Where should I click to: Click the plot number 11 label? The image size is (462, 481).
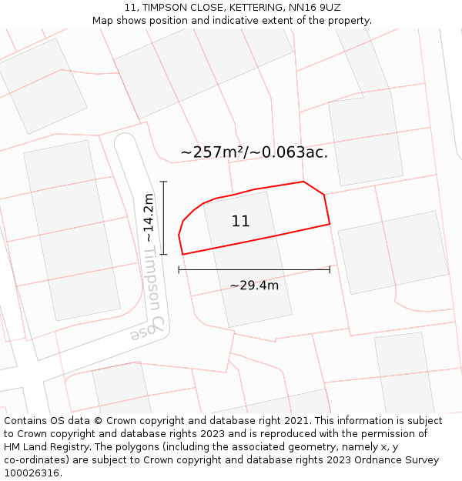[x=240, y=222]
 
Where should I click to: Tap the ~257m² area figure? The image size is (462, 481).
[x=217, y=152]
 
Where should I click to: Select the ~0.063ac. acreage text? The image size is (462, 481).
[x=295, y=152]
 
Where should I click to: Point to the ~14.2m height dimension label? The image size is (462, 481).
[x=149, y=218]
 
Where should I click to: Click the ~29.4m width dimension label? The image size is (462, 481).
[x=254, y=286]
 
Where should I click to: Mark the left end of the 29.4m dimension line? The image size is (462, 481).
[x=179, y=270]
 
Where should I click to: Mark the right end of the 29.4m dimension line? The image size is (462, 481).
[x=330, y=270]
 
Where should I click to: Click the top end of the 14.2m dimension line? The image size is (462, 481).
[x=163, y=182]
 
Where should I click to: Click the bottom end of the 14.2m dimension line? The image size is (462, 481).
[x=163, y=254]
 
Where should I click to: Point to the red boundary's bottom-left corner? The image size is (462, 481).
[x=182, y=254]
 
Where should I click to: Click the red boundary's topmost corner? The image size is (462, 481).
[x=303, y=182]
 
